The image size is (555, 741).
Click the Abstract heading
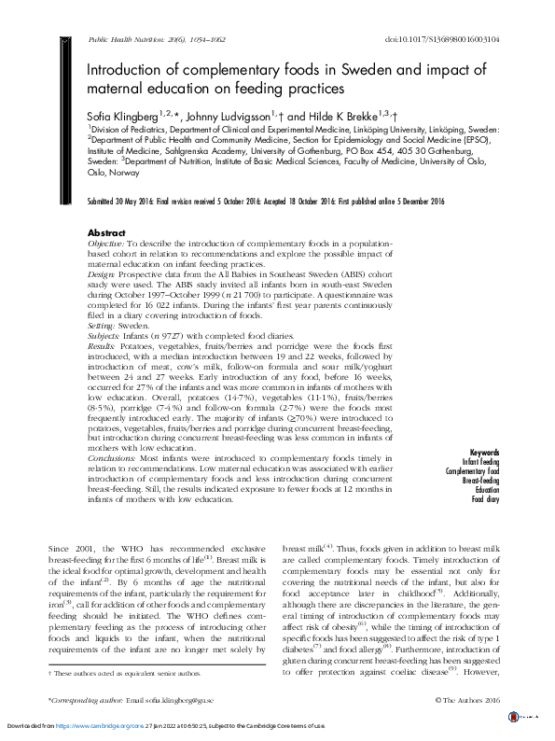pos(105,231)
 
